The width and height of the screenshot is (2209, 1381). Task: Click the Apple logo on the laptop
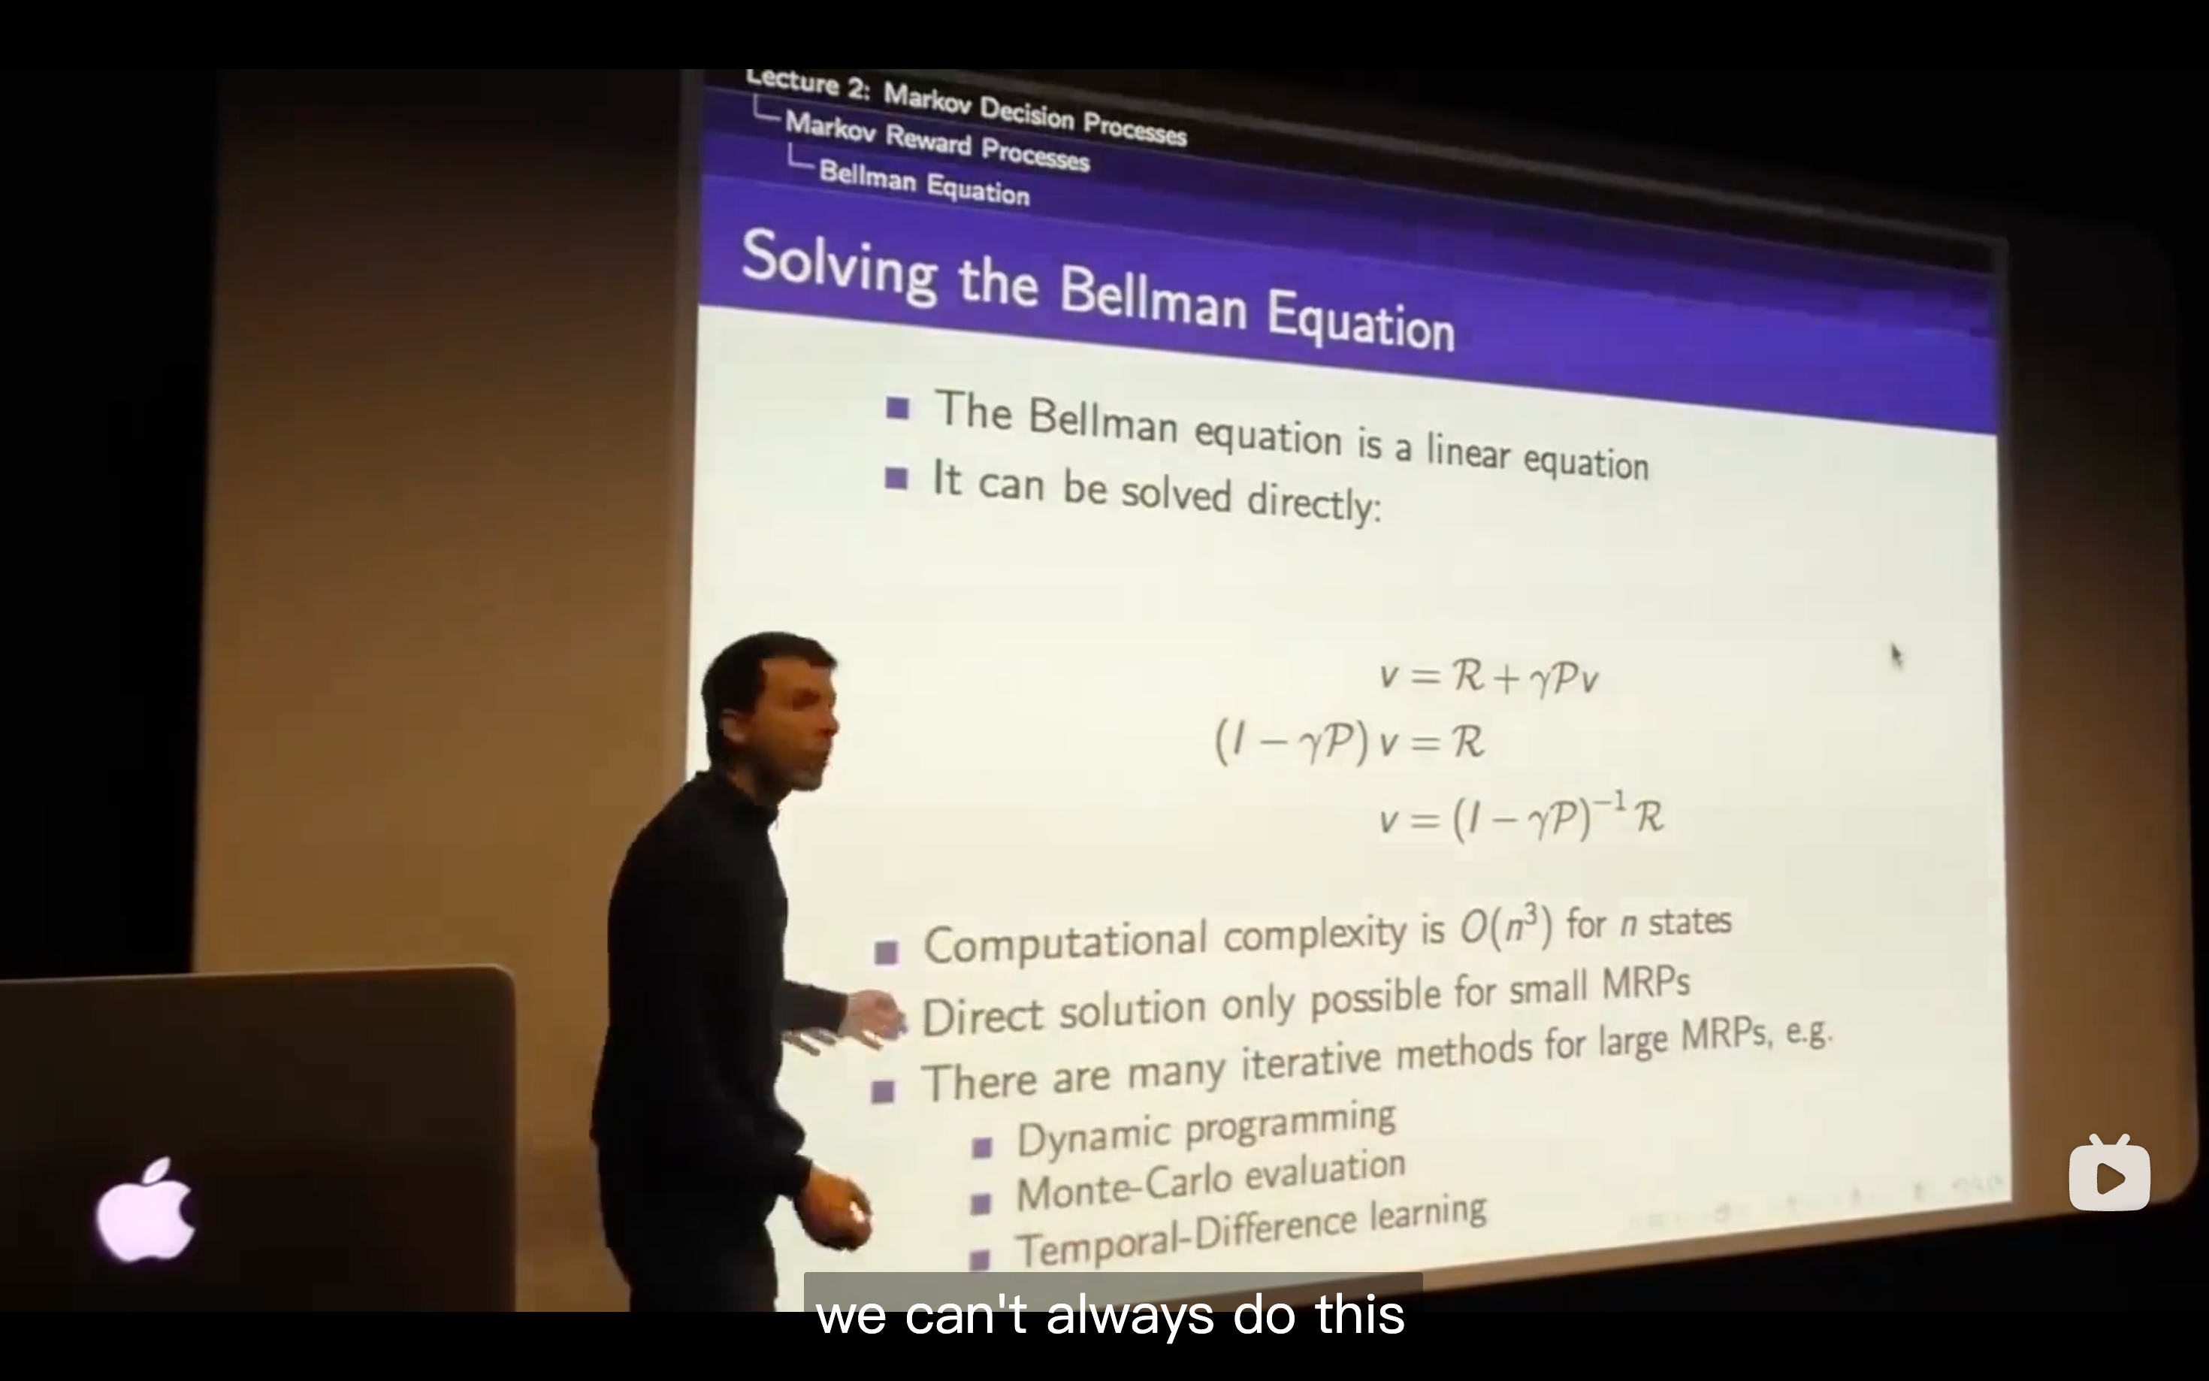click(146, 1210)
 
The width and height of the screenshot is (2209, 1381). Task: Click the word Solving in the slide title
click(839, 265)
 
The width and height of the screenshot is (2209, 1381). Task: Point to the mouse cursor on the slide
click(1896, 655)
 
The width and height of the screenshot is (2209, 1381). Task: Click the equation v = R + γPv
click(1488, 677)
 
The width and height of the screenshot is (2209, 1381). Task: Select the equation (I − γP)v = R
click(1349, 741)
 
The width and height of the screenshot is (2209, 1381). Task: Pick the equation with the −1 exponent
click(1522, 816)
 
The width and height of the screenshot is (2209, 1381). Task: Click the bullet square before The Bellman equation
click(897, 407)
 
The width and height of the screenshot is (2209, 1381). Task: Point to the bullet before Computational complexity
click(886, 953)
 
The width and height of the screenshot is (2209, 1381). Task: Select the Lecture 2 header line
click(965, 107)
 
